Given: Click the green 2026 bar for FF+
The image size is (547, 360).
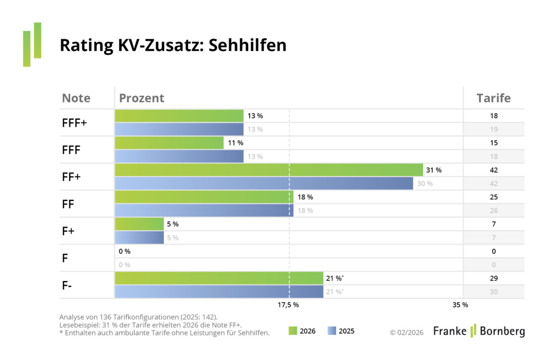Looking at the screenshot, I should [269, 170].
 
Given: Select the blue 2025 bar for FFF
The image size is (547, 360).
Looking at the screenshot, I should [179, 157].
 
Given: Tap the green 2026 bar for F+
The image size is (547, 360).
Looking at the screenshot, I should [139, 224].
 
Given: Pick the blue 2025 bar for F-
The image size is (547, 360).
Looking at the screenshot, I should [219, 292].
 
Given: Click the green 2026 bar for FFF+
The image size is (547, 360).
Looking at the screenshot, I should [179, 116].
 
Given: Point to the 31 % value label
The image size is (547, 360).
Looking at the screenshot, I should [434, 170].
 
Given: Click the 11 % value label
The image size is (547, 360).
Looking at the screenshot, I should [235, 143].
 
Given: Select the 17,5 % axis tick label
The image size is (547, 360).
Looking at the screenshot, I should [288, 305].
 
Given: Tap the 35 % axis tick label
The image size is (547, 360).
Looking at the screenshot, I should [460, 305].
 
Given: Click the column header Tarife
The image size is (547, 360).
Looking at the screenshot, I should [493, 98].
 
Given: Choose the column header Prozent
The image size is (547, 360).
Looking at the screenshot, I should [142, 98].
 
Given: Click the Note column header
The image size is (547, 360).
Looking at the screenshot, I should [76, 98].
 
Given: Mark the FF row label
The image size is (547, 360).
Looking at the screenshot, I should [69, 204].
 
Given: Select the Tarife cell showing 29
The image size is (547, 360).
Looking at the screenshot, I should [493, 278].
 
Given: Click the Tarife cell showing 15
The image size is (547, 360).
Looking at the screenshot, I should [493, 143].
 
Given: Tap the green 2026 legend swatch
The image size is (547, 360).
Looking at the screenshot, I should [292, 331].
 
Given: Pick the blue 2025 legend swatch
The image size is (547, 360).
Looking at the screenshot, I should [332, 331].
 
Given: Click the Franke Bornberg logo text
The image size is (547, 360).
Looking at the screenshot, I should [478, 331].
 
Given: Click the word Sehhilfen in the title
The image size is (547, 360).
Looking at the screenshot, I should [247, 45].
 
